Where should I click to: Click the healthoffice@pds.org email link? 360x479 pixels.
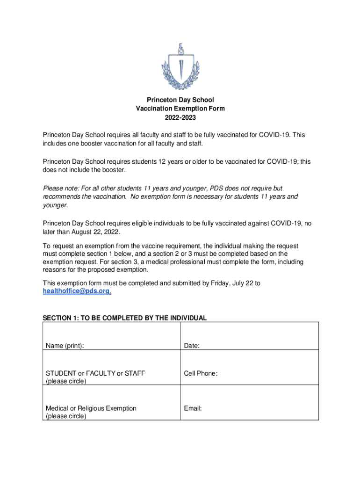click(77, 291)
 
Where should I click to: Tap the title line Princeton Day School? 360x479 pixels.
click(180, 100)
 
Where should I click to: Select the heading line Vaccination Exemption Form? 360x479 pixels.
click(180, 109)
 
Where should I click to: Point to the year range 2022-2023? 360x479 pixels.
click(180, 117)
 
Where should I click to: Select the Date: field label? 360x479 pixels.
click(192, 346)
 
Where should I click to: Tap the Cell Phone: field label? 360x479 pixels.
click(201, 373)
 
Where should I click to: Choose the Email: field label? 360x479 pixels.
click(193, 408)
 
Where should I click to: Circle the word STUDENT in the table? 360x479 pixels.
click(61, 373)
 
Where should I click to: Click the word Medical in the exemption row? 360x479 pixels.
click(57, 408)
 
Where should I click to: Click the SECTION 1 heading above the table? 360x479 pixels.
click(124, 318)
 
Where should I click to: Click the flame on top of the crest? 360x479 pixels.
click(180, 49)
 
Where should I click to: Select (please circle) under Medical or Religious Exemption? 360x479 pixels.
click(65, 416)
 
